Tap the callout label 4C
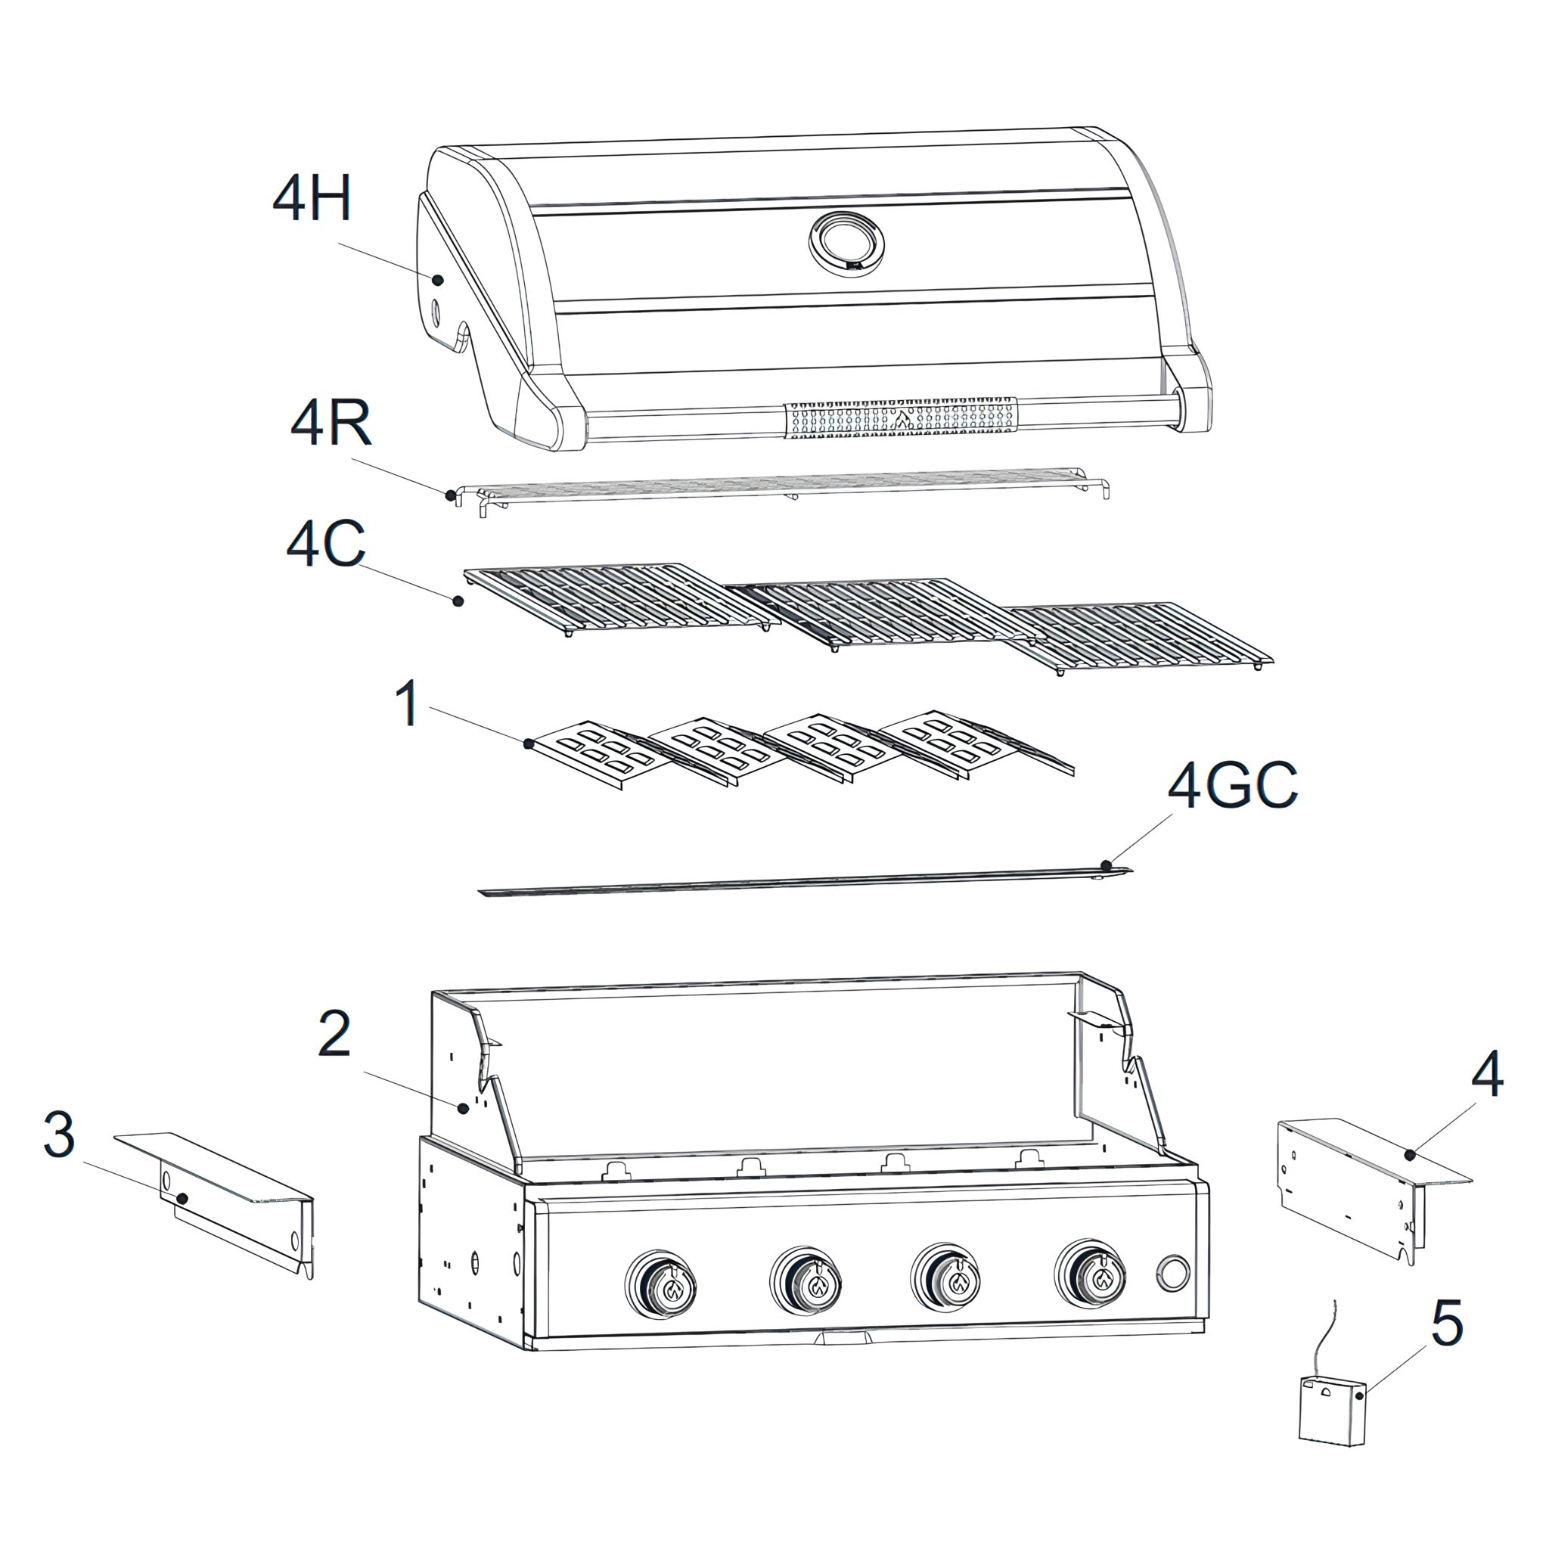[x=325, y=544]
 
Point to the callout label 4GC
[x=1233, y=785]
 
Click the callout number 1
[x=409, y=703]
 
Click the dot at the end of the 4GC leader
[x=1107, y=865]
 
